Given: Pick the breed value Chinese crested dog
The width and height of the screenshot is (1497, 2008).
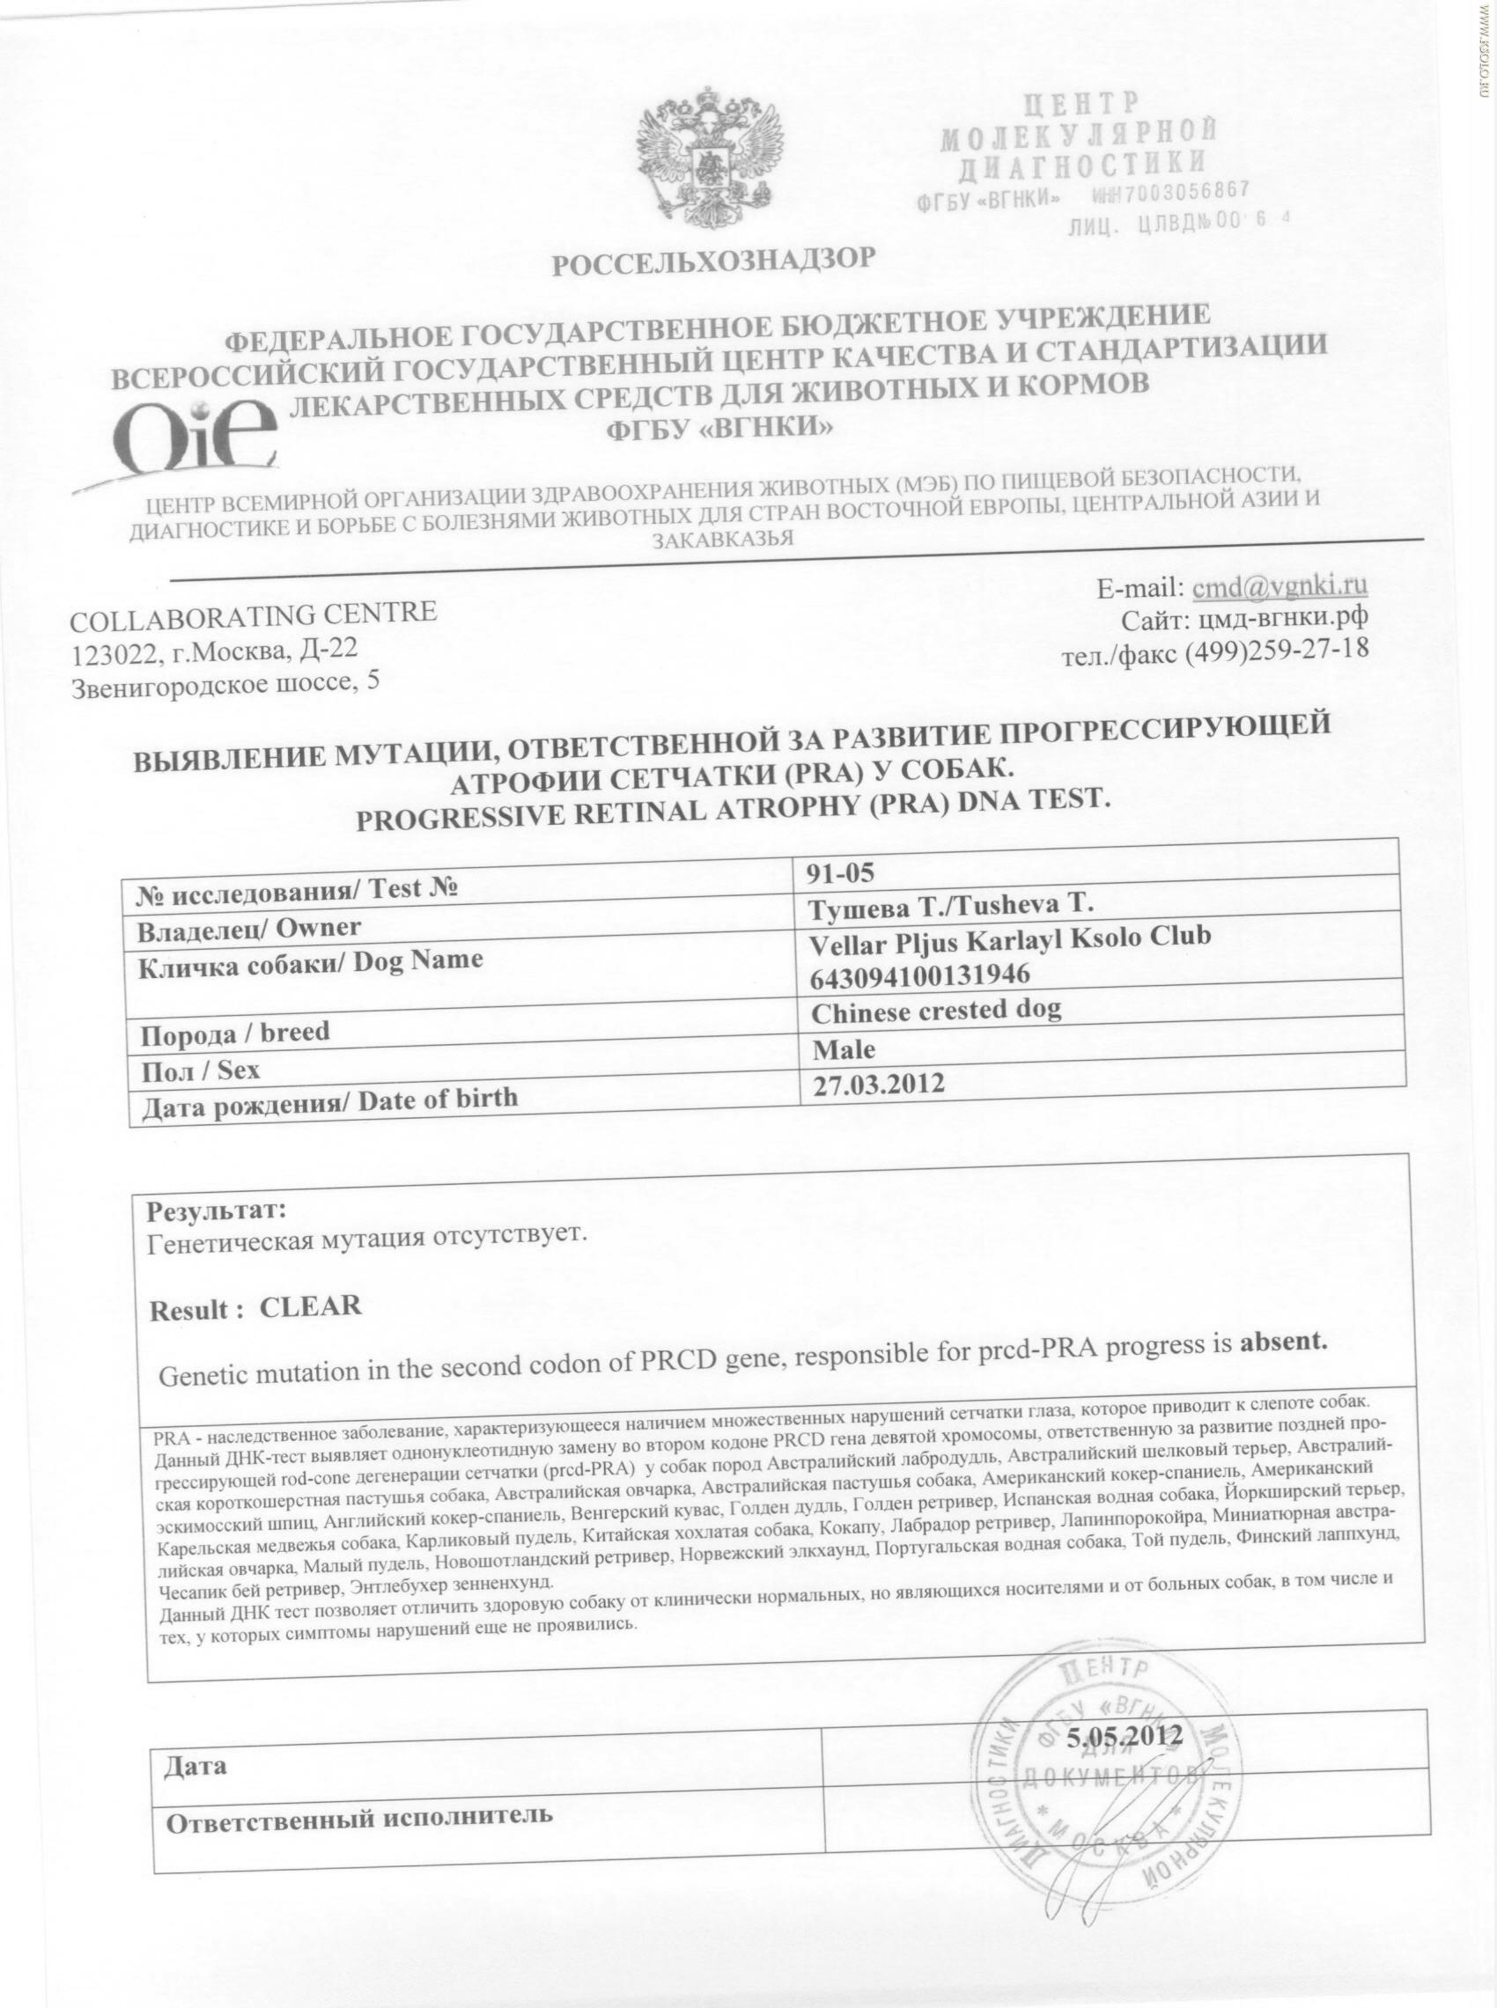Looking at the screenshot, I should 937,1010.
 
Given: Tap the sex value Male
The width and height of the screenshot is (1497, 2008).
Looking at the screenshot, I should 844,1049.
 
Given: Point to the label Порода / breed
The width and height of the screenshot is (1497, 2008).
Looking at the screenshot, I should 232,1033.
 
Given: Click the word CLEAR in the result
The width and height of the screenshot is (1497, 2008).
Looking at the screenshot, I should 311,1306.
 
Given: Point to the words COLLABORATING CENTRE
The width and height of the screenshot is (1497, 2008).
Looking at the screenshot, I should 253,615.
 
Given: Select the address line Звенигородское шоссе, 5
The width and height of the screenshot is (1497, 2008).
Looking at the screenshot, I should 225,685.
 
